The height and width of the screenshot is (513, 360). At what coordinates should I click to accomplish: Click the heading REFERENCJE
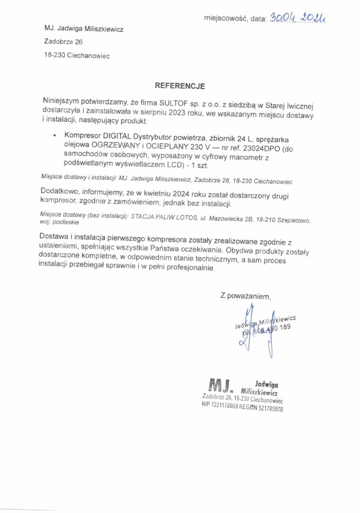click(179, 86)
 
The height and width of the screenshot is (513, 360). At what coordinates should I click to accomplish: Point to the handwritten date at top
click(297, 19)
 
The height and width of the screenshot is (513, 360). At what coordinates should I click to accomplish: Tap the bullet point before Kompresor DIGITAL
click(54, 135)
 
